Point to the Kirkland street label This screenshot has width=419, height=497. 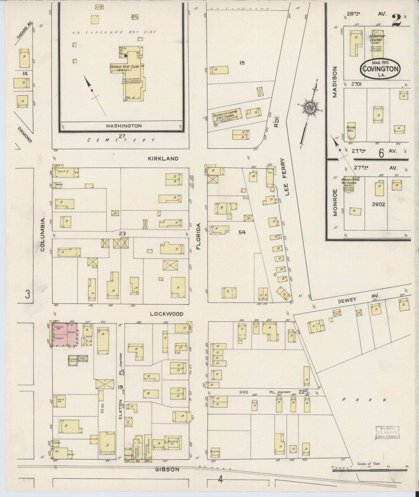click(x=163, y=158)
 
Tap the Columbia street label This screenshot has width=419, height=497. click(x=43, y=235)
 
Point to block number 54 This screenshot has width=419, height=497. click(x=242, y=232)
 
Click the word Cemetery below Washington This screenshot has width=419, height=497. click(x=121, y=140)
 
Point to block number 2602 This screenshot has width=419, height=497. click(x=378, y=204)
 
